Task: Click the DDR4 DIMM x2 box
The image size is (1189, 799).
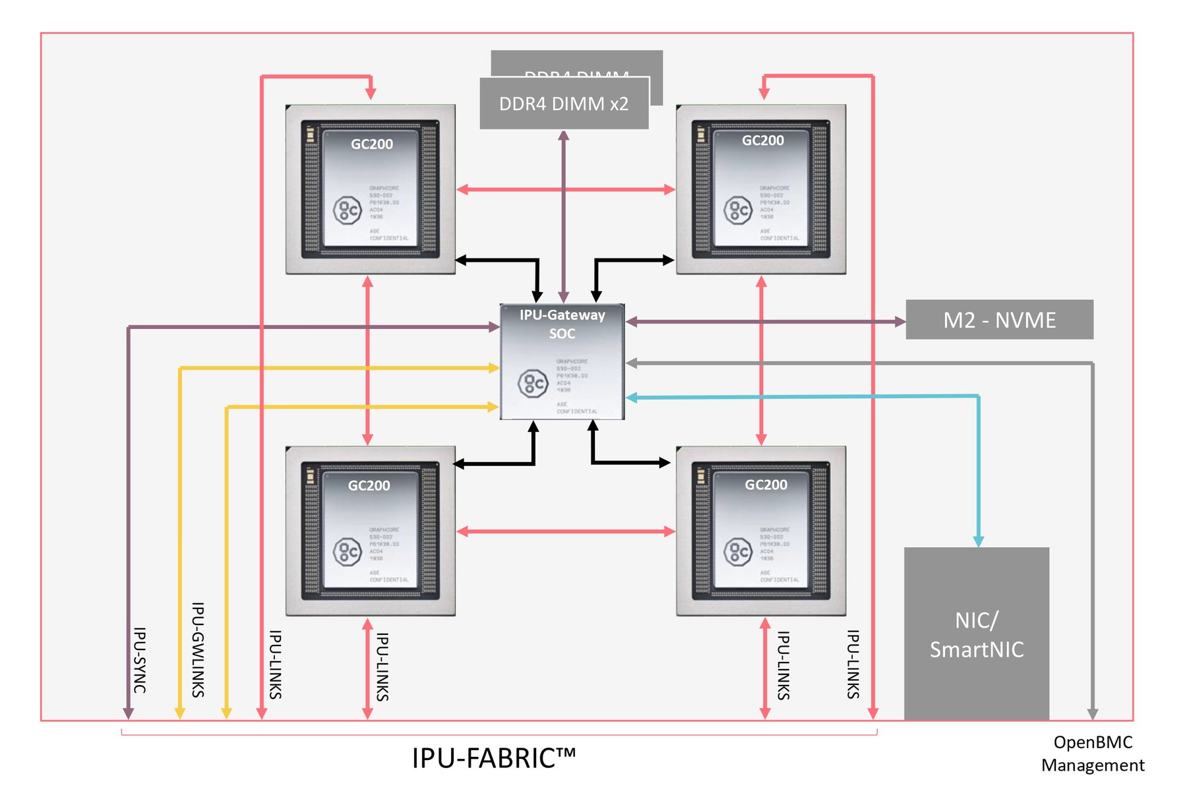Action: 564,104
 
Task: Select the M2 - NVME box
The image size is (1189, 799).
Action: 999,320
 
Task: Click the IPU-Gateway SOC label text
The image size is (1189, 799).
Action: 562,324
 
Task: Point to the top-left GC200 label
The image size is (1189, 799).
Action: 371,144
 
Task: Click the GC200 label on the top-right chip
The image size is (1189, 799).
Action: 762,140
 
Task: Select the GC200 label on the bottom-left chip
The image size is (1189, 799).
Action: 369,485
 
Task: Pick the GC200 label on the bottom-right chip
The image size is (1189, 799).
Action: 766,485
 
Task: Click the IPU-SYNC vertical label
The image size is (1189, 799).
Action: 140,660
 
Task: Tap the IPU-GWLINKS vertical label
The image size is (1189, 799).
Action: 198,649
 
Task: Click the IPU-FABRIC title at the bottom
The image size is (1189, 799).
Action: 493,758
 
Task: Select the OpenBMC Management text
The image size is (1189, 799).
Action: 1093,754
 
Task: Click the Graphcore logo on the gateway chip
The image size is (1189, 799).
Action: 533,383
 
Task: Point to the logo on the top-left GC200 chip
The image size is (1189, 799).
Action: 347,211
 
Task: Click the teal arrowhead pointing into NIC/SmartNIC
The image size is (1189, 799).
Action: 979,541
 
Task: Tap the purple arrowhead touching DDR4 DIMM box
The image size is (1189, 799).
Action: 564,136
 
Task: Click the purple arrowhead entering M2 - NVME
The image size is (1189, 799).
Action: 899,322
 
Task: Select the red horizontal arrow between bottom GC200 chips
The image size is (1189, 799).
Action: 565,531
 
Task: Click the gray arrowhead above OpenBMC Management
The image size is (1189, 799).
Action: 1093,713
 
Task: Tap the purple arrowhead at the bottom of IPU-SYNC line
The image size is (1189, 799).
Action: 129,713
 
